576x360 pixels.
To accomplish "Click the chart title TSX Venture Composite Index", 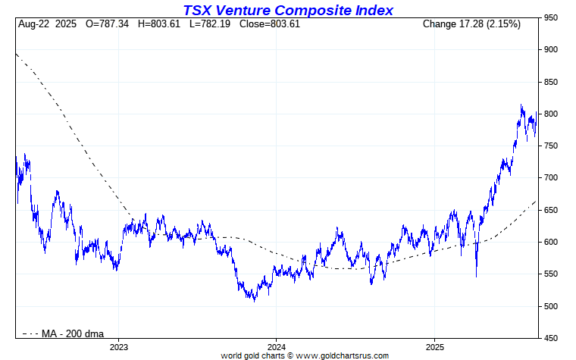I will pyautogui.click(x=288, y=10).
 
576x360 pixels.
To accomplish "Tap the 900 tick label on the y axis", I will pyautogui.click(x=550, y=50).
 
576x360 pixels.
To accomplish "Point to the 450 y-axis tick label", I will pyautogui.click(x=550, y=339).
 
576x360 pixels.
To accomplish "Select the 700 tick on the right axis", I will pyautogui.click(x=550, y=178).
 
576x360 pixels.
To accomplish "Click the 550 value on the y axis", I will pyautogui.click(x=550, y=274).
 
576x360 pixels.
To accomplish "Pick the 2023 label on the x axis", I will pyautogui.click(x=119, y=347).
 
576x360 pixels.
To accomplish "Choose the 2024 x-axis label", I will pyautogui.click(x=276, y=347).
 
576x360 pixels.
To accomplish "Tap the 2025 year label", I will pyautogui.click(x=434, y=347).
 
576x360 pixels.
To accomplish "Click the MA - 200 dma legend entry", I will pyautogui.click(x=73, y=333).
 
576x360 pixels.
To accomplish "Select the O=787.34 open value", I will pyautogui.click(x=107, y=24).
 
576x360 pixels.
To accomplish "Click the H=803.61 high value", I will pyautogui.click(x=160, y=24).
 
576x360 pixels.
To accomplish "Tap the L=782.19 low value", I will pyautogui.click(x=212, y=24).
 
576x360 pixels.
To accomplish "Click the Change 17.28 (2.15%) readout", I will pyautogui.click(x=471, y=24).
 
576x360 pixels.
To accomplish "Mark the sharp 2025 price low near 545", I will pyautogui.click(x=476, y=276).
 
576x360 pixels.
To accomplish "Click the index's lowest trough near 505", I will pyautogui.click(x=254, y=301).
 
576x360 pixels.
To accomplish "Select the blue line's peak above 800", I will pyautogui.click(x=521, y=105).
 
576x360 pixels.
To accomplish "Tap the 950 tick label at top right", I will pyautogui.click(x=550, y=17).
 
